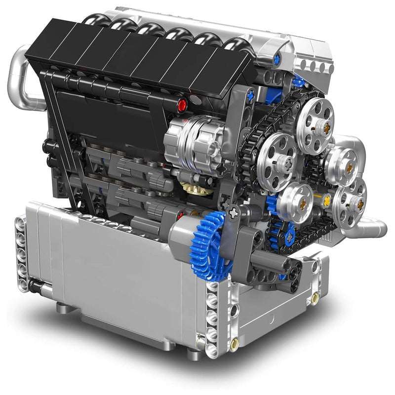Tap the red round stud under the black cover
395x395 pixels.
tap(182, 104)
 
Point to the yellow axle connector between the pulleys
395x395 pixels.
tap(326, 199)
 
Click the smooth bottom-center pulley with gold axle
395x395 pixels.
tap(294, 202)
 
